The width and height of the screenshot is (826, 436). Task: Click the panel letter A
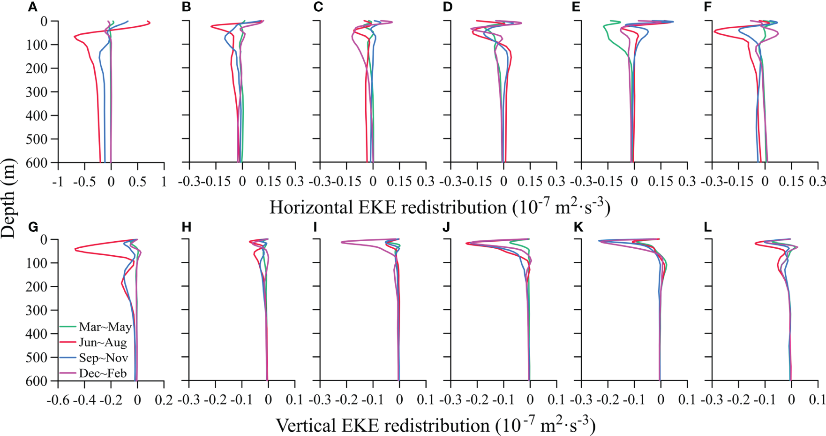click(x=32, y=8)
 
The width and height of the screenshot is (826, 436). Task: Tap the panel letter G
click(x=33, y=228)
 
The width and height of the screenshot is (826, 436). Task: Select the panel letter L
click(x=707, y=228)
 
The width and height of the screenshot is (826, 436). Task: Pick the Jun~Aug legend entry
click(x=103, y=343)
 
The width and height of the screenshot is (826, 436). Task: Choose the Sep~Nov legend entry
click(x=103, y=358)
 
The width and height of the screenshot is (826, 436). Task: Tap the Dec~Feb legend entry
click(x=103, y=374)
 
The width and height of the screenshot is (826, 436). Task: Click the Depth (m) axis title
click(x=8, y=199)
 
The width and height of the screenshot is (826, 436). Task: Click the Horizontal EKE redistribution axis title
click(x=440, y=207)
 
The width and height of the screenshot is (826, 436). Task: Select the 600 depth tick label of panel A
click(x=36, y=163)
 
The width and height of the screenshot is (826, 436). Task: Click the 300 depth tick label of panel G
click(x=36, y=310)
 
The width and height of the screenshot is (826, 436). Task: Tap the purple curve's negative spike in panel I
click(x=341, y=242)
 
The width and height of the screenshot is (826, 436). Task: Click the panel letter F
click(x=707, y=8)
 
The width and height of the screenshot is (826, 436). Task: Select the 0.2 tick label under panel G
click(x=163, y=400)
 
